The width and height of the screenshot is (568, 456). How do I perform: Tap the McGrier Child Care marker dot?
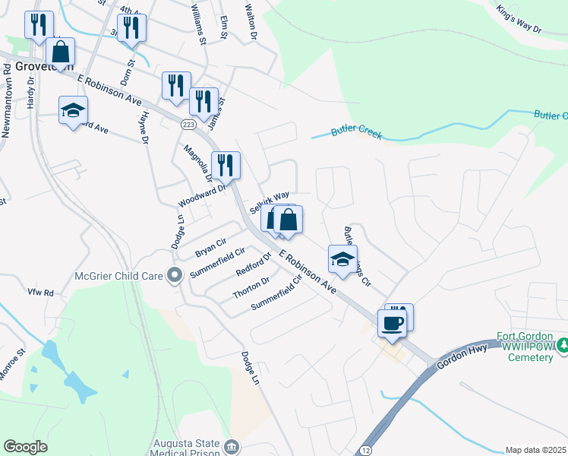pos(176,274)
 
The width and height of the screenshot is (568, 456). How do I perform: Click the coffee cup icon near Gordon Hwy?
pos(392,322)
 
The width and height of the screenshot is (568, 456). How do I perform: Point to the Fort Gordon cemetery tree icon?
pos(562,347)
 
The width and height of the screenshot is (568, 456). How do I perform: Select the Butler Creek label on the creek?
pos(357,133)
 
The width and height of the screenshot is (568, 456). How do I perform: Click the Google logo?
pos(26,447)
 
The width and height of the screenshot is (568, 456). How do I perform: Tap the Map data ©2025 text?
pos(535,450)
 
